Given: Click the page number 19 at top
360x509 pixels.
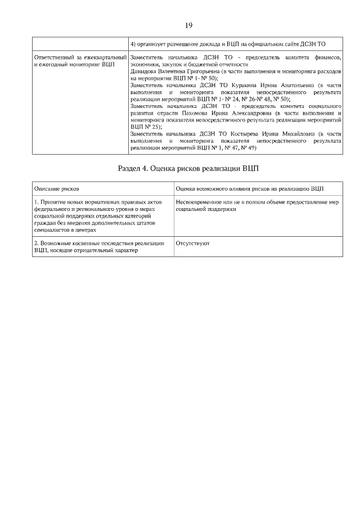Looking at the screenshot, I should [188, 25].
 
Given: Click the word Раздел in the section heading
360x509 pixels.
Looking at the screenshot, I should [130, 168].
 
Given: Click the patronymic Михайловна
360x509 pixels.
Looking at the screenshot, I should [295, 134].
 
